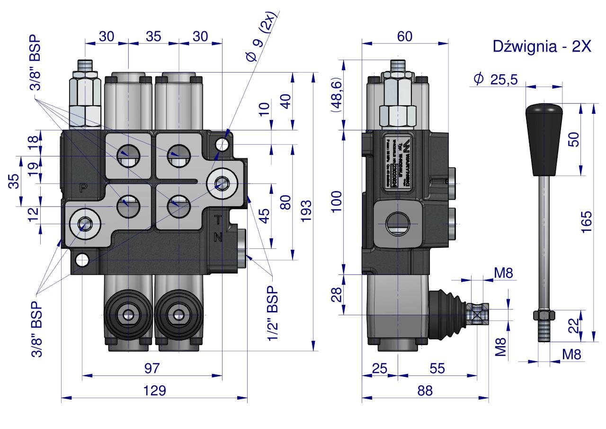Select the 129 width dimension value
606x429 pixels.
click(155, 391)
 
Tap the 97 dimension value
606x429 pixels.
click(152, 368)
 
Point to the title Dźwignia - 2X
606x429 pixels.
click(542, 46)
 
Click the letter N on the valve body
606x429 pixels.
click(218, 237)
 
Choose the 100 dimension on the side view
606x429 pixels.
click(337, 202)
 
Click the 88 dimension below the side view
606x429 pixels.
click(425, 391)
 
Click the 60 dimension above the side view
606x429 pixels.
click(405, 36)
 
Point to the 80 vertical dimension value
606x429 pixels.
click(285, 202)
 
